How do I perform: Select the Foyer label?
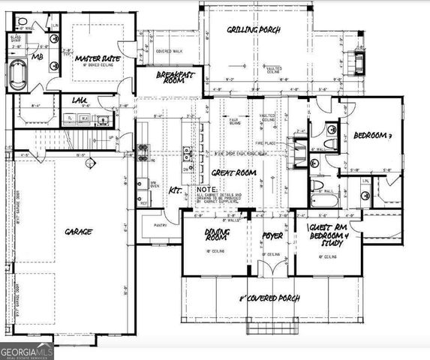(271, 235)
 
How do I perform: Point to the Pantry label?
(159, 225)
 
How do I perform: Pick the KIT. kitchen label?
(176, 190)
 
